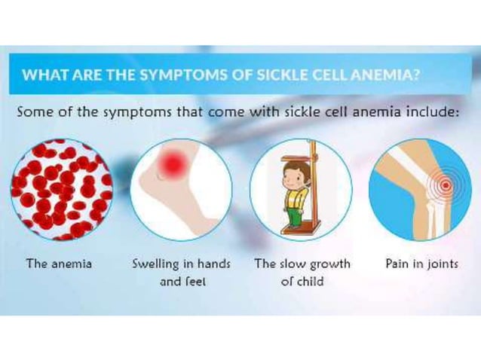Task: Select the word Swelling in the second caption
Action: [158, 264]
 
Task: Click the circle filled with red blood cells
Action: [60, 189]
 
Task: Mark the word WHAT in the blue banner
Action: [41, 76]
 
